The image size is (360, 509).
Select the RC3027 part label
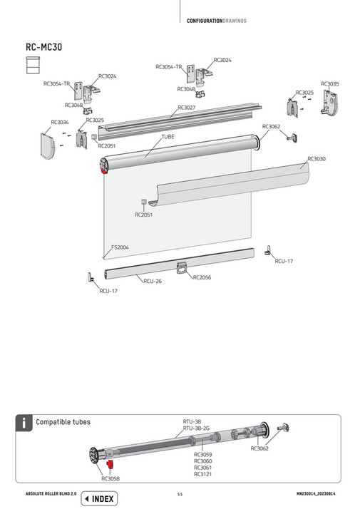coord(187,108)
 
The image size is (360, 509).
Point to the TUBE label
coord(168,135)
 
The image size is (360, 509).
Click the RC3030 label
coord(316,158)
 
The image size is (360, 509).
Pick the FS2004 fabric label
coord(119,247)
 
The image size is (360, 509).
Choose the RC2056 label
coord(202,277)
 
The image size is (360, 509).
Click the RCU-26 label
coord(152,281)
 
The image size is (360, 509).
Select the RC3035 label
coord(330,84)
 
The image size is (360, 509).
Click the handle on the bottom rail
coord(182,267)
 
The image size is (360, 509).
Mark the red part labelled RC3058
coord(110,465)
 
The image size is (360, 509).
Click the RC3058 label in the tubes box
coord(110,479)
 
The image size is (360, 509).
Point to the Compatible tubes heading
coord(63,423)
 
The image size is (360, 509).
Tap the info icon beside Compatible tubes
coord(24,423)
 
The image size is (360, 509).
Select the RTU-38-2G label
coord(196,428)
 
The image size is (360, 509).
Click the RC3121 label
coord(202,473)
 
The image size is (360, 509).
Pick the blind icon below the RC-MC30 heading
coord(31,66)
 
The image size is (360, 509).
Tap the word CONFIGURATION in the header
coord(205,21)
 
